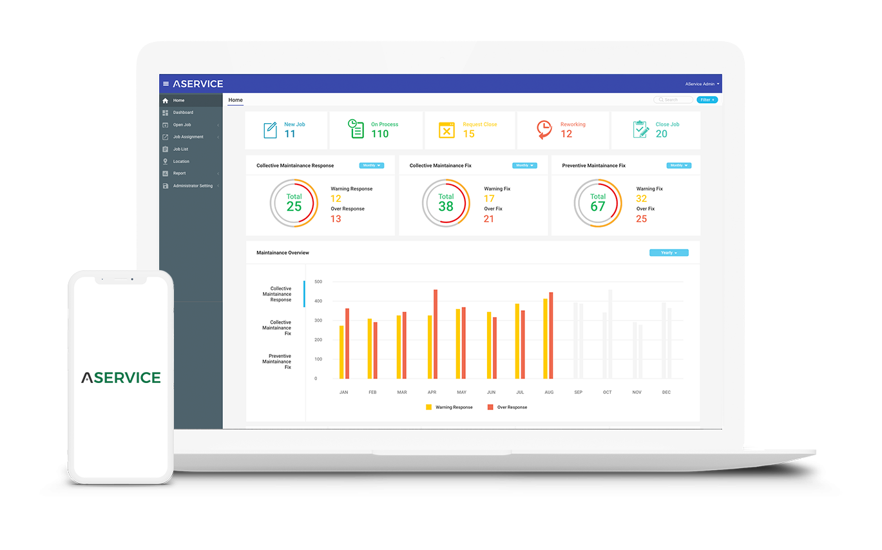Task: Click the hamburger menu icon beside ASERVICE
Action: pyautogui.click(x=166, y=84)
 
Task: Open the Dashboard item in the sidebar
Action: pyautogui.click(x=183, y=113)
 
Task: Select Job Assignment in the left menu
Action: pyautogui.click(x=188, y=137)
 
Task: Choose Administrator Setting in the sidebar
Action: pyautogui.click(x=193, y=186)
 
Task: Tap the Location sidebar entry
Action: pyautogui.click(x=181, y=161)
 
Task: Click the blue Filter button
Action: pyautogui.click(x=707, y=100)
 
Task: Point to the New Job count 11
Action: pyautogui.click(x=290, y=134)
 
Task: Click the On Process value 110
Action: pyautogui.click(x=379, y=134)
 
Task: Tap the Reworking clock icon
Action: pyautogui.click(x=544, y=130)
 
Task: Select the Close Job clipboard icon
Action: pyautogui.click(x=640, y=130)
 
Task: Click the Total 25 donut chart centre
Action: pyautogui.click(x=294, y=203)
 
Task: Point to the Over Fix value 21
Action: pyautogui.click(x=489, y=219)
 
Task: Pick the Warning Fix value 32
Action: pyautogui.click(x=641, y=199)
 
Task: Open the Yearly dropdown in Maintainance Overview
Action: pyautogui.click(x=669, y=253)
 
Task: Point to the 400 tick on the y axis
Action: pyautogui.click(x=318, y=301)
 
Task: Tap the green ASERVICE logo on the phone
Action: pyautogui.click(x=121, y=377)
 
